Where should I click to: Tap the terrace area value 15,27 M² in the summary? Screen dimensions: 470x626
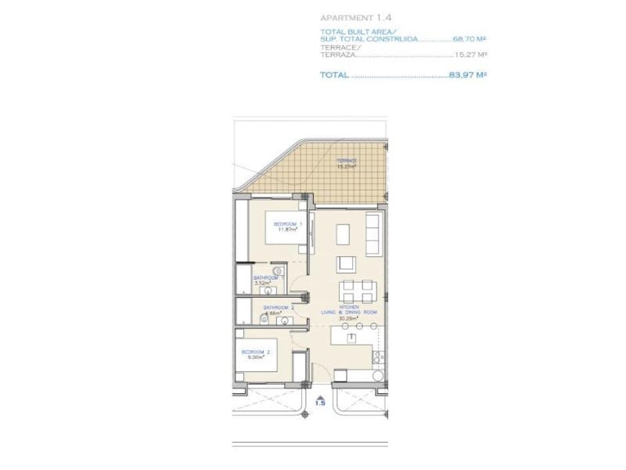pyautogui.click(x=471, y=56)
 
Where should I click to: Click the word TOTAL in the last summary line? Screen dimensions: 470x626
pyautogui.click(x=334, y=75)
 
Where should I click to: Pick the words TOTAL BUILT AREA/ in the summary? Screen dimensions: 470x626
pyautogui.click(x=350, y=31)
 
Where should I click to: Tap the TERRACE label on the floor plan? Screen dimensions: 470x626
pyautogui.click(x=346, y=161)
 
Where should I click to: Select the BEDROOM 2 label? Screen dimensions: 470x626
pyautogui.click(x=256, y=352)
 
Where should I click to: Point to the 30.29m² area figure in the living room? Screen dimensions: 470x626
pyautogui.click(x=349, y=318)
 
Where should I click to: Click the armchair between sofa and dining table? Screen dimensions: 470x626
pyautogui.click(x=347, y=262)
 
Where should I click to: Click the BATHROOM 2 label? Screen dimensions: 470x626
pyautogui.click(x=278, y=307)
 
